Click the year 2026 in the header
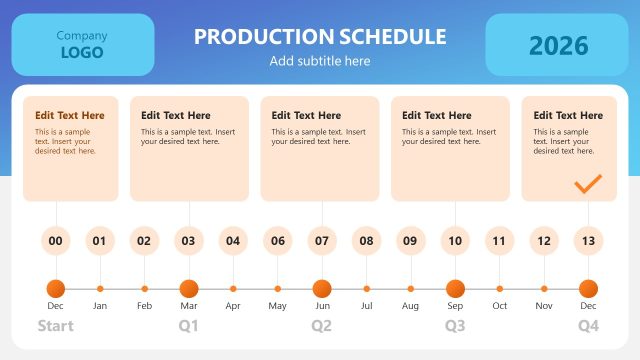pos(558,46)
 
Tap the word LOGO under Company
pos(82,53)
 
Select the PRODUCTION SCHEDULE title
pos(320,37)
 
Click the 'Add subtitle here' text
pos(320,61)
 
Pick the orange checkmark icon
pos(588,184)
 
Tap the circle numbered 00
pos(56,240)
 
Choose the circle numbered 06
pos(278,240)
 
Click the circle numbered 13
pos(588,240)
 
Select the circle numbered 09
pos(410,240)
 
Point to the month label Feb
pos(144,305)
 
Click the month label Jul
pos(366,305)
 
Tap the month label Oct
pos(500,305)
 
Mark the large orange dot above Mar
pos(189,288)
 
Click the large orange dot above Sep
pos(455,288)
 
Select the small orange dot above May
pos(278,288)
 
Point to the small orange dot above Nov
pos(544,288)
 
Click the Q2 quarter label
pos(322,325)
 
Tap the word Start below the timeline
pos(56,325)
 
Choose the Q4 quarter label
pos(588,325)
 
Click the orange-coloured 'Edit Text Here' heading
pos(69,116)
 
